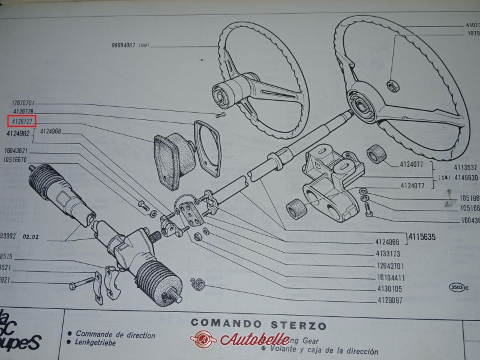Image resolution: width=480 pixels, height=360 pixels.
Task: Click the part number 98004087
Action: [x=124, y=46]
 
